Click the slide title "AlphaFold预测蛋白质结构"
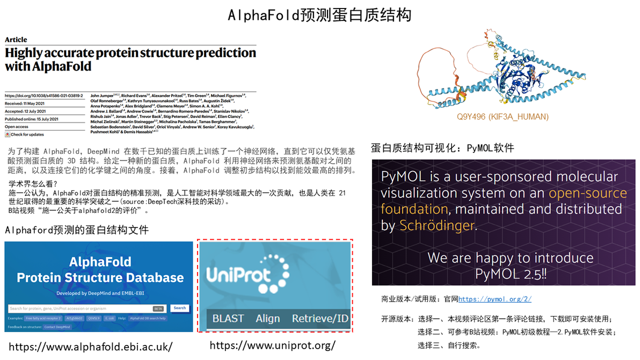click(319, 14)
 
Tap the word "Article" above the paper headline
click(16, 40)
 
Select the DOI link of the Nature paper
click(44, 95)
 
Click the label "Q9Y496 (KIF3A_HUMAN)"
click(503, 116)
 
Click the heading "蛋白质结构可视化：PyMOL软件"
click(442, 148)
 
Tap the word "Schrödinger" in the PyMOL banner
click(437, 226)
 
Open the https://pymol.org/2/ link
click(495, 299)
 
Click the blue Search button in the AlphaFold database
click(180, 308)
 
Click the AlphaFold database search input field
click(81, 308)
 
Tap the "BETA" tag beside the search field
click(158, 308)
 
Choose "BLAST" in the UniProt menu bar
click(228, 318)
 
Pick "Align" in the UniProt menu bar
click(267, 318)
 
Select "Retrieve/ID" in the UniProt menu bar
click(320, 318)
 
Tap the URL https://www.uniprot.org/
click(272, 345)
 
